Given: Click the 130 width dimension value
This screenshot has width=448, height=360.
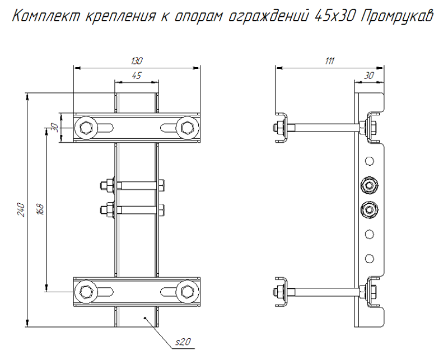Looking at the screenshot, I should click(x=137, y=61).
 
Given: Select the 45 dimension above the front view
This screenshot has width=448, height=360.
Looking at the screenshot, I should click(x=136, y=76).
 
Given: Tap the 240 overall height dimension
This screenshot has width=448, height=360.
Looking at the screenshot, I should click(x=21, y=209).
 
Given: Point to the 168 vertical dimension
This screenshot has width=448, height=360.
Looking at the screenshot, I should click(x=40, y=209).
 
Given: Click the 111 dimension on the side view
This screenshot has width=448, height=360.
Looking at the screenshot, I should click(x=329, y=61).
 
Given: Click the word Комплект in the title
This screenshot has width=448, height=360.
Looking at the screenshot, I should click(x=47, y=16).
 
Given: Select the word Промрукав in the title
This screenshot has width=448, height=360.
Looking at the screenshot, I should click(x=394, y=16).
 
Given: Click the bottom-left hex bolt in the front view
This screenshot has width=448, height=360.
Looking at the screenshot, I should click(x=86, y=291).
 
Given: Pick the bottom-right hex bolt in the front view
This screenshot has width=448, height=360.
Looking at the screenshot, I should click(x=187, y=291).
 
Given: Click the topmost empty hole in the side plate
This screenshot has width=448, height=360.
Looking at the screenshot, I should click(x=368, y=161).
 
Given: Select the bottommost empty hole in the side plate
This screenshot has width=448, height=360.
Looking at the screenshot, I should click(x=368, y=258).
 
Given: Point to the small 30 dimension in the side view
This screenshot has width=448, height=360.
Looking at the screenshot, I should click(x=369, y=76).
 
